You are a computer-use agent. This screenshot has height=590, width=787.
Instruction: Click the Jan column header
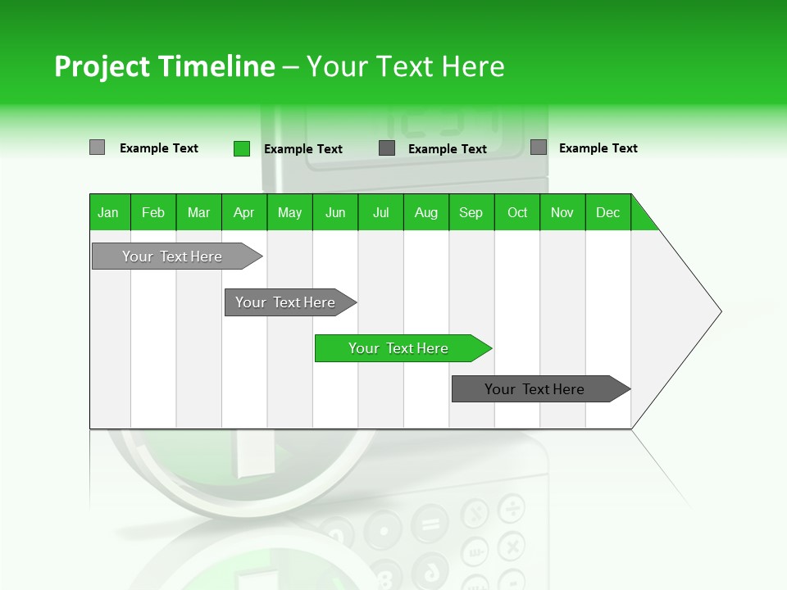coord(109,212)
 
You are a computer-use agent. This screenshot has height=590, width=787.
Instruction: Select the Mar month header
coord(198,212)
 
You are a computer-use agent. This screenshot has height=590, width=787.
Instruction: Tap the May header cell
coord(289,212)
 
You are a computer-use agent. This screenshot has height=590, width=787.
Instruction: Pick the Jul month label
coord(380,212)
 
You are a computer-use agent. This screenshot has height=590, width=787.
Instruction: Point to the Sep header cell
coord(471,212)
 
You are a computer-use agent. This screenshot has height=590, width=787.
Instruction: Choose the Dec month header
coord(607,212)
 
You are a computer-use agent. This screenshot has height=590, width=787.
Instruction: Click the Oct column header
coord(517,212)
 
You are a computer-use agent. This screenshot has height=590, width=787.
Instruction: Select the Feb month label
coord(153,212)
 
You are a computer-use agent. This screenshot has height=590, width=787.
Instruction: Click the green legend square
coord(241,148)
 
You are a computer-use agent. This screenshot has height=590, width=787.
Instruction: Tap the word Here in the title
coord(473,66)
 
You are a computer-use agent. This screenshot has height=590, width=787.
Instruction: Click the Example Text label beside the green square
coord(303,149)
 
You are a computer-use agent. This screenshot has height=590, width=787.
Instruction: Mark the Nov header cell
coord(562,212)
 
